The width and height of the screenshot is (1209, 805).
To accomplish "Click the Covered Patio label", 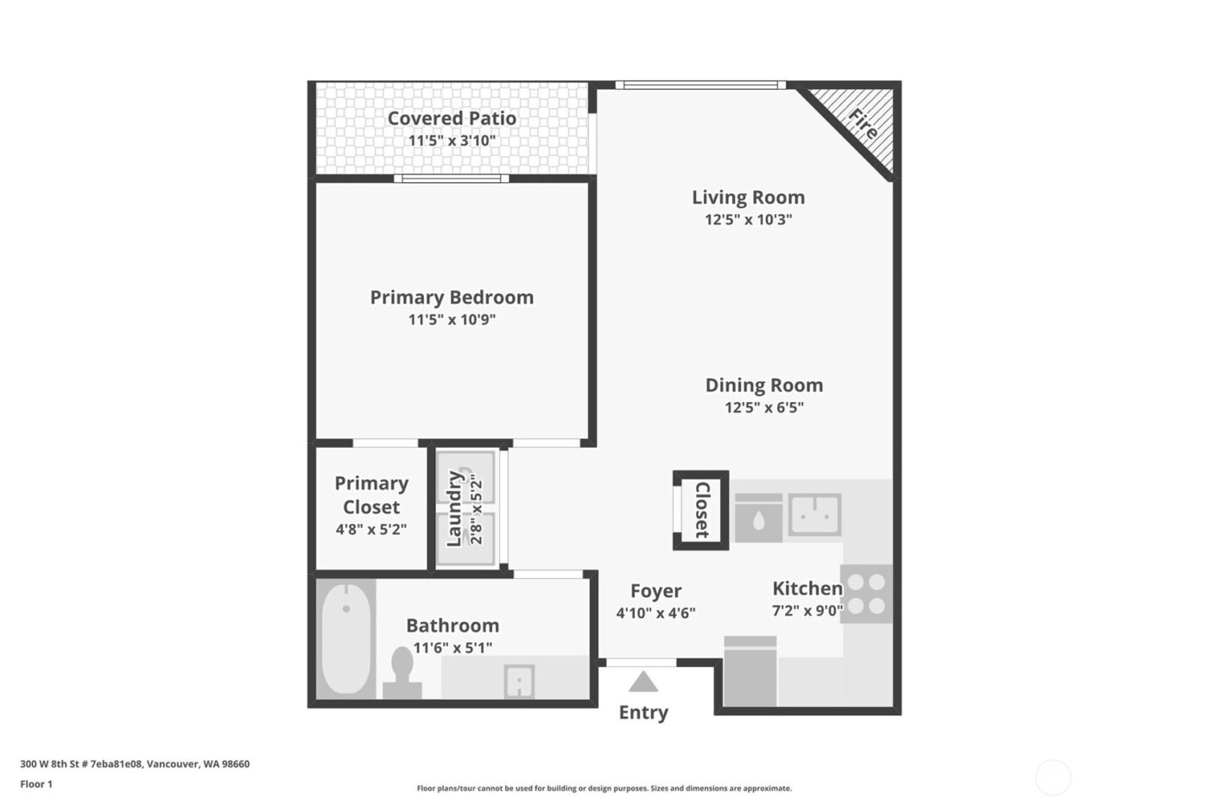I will [x=452, y=118].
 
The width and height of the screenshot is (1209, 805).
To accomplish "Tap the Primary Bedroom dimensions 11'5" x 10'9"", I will [x=452, y=320].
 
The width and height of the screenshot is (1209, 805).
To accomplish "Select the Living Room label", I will [x=748, y=197].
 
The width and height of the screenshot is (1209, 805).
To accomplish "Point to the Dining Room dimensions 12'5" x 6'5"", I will [x=763, y=407].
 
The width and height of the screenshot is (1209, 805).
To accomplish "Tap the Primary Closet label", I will [x=371, y=495].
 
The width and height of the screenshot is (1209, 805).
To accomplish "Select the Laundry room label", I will [x=454, y=509].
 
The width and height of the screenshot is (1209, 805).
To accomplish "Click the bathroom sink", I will [x=518, y=682].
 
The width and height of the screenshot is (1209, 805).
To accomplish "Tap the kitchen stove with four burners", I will [x=866, y=594].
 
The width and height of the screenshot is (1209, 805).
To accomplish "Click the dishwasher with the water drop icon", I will [x=758, y=519].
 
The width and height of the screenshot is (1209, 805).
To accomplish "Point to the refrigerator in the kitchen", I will [x=750, y=671].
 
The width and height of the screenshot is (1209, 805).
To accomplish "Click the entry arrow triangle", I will [x=642, y=682].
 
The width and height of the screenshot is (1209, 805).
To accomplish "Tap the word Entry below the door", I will [x=643, y=713].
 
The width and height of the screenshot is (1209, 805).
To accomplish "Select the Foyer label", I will [x=655, y=591].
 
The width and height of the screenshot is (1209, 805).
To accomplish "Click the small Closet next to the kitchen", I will [x=701, y=510].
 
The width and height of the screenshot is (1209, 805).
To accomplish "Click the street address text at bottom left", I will [x=135, y=764].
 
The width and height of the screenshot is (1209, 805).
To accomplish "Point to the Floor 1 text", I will [x=36, y=784].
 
